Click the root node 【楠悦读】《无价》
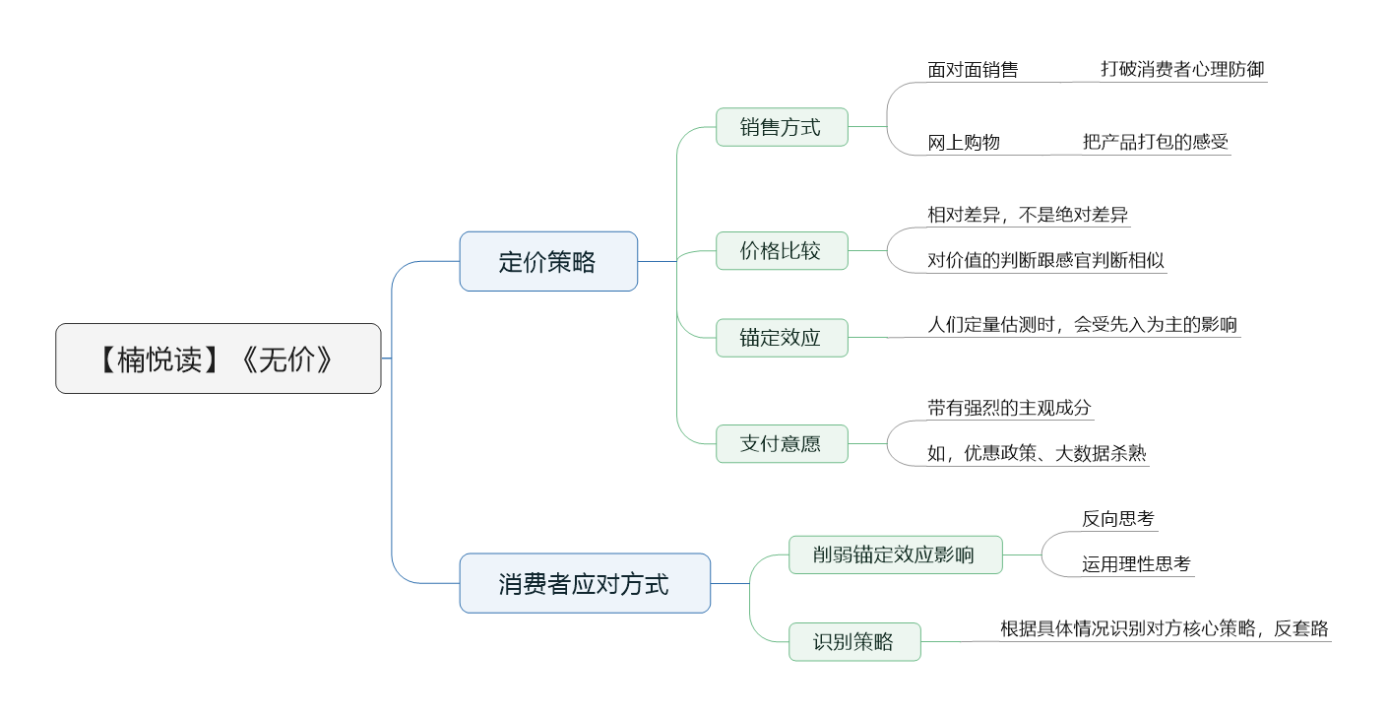point(219,358)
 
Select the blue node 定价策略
point(548,262)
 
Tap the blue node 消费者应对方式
point(585,583)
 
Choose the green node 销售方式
point(782,127)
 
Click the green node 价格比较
point(782,250)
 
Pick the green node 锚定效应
point(782,338)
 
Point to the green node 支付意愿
point(782,444)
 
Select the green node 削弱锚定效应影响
point(896,554)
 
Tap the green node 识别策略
point(854,642)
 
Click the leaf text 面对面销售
point(973,69)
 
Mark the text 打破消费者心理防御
point(1182,69)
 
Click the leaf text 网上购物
point(964,143)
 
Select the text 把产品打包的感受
point(1156,142)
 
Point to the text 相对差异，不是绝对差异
point(1028,215)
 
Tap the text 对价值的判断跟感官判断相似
point(1045,260)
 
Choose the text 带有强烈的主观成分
point(1009,407)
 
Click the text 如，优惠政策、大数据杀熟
point(1037,453)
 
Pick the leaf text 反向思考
point(1118,518)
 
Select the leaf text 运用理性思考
point(1136,564)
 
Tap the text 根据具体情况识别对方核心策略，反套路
point(1165,628)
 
